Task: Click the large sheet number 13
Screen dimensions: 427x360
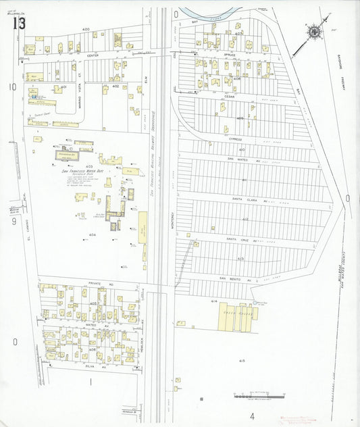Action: [19, 24]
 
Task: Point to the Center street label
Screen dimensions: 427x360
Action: [93, 55]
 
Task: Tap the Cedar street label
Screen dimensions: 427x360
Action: [229, 97]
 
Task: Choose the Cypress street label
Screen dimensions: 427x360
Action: [235, 139]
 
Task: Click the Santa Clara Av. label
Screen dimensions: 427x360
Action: [245, 200]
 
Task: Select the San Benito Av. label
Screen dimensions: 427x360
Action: [234, 278]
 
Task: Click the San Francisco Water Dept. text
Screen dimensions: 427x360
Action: [83, 172]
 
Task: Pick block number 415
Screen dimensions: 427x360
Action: [241, 361]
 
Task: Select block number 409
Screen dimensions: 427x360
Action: [240, 118]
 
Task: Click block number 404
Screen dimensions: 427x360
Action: [92, 234]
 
